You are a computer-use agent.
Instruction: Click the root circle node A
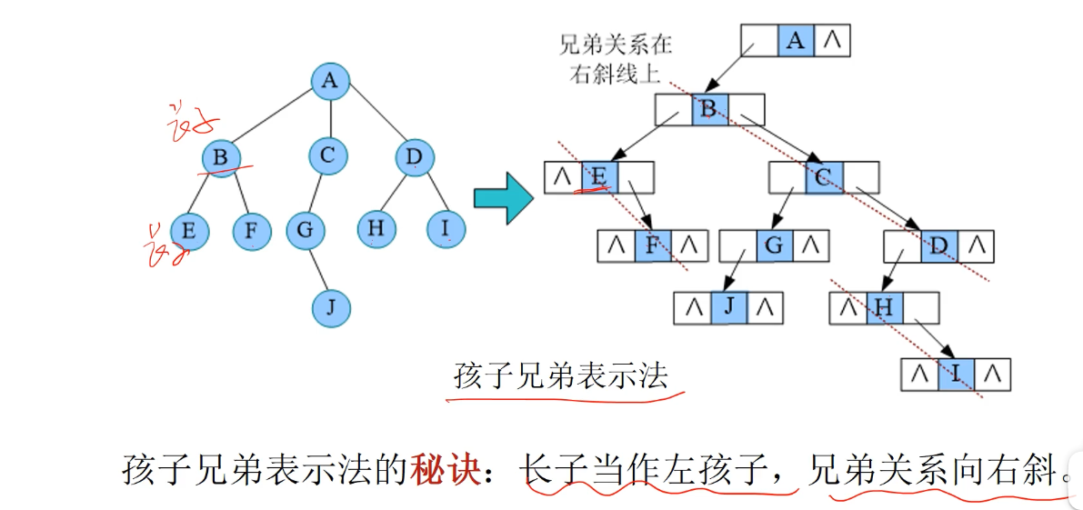pyautogui.click(x=330, y=82)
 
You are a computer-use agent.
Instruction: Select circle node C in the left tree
pyautogui.click(x=327, y=156)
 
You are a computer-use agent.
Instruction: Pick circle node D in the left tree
pyautogui.click(x=415, y=158)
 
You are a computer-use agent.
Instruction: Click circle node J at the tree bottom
pyautogui.click(x=330, y=308)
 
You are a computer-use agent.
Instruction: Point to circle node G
pyautogui.click(x=305, y=231)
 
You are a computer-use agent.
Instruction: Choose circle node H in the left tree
pyautogui.click(x=375, y=229)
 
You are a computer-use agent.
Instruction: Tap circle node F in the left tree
pyautogui.click(x=251, y=232)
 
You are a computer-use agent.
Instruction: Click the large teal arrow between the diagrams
pyautogui.click(x=503, y=198)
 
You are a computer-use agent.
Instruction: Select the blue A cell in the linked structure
pyautogui.click(x=796, y=41)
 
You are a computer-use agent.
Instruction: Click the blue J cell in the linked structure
pyautogui.click(x=728, y=307)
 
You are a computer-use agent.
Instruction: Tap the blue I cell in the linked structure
pyautogui.click(x=956, y=373)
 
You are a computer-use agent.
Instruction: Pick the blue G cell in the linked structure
pyautogui.click(x=775, y=245)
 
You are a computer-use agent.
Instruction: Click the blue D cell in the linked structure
pyautogui.click(x=939, y=245)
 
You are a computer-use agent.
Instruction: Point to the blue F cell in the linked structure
pyautogui.click(x=652, y=245)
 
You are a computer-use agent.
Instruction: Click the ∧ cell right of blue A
pyautogui.click(x=832, y=41)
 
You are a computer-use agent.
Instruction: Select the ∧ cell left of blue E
pyautogui.click(x=562, y=177)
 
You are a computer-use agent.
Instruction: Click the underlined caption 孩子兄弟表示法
pyautogui.click(x=561, y=375)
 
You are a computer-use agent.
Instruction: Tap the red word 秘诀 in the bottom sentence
pyautogui.click(x=445, y=470)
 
